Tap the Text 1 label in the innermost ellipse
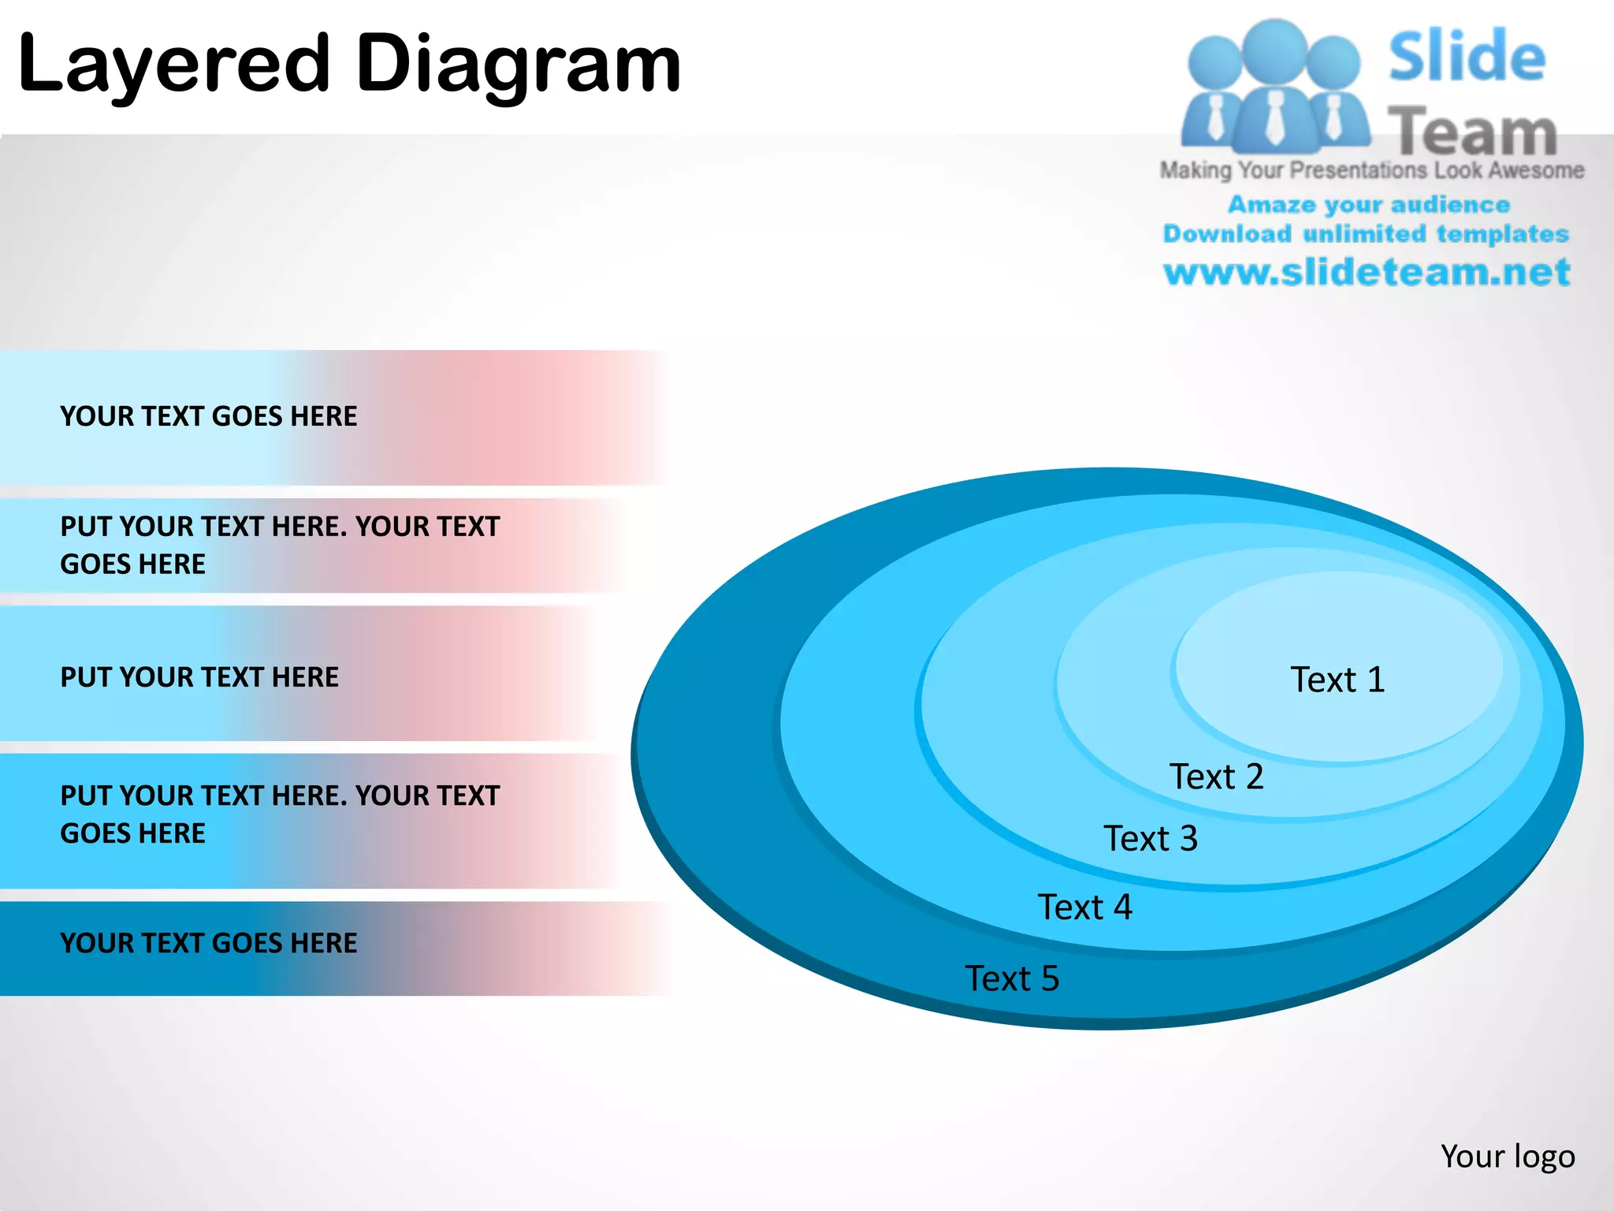click(1337, 680)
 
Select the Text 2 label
click(1216, 777)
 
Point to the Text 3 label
click(1150, 838)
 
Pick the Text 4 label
click(1084, 907)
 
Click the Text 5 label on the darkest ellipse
click(1012, 978)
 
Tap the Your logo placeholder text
click(1507, 1157)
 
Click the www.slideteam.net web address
click(1367, 272)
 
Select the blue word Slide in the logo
click(1467, 57)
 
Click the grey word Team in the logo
click(1472, 132)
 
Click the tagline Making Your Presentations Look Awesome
click(1371, 170)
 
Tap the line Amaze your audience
click(1368, 205)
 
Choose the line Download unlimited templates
click(1366, 234)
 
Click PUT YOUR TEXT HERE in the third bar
click(199, 677)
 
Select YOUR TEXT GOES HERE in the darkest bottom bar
click(208, 943)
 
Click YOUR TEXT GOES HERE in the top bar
click(208, 416)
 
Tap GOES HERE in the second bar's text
click(132, 565)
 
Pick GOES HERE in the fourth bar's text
click(132, 833)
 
